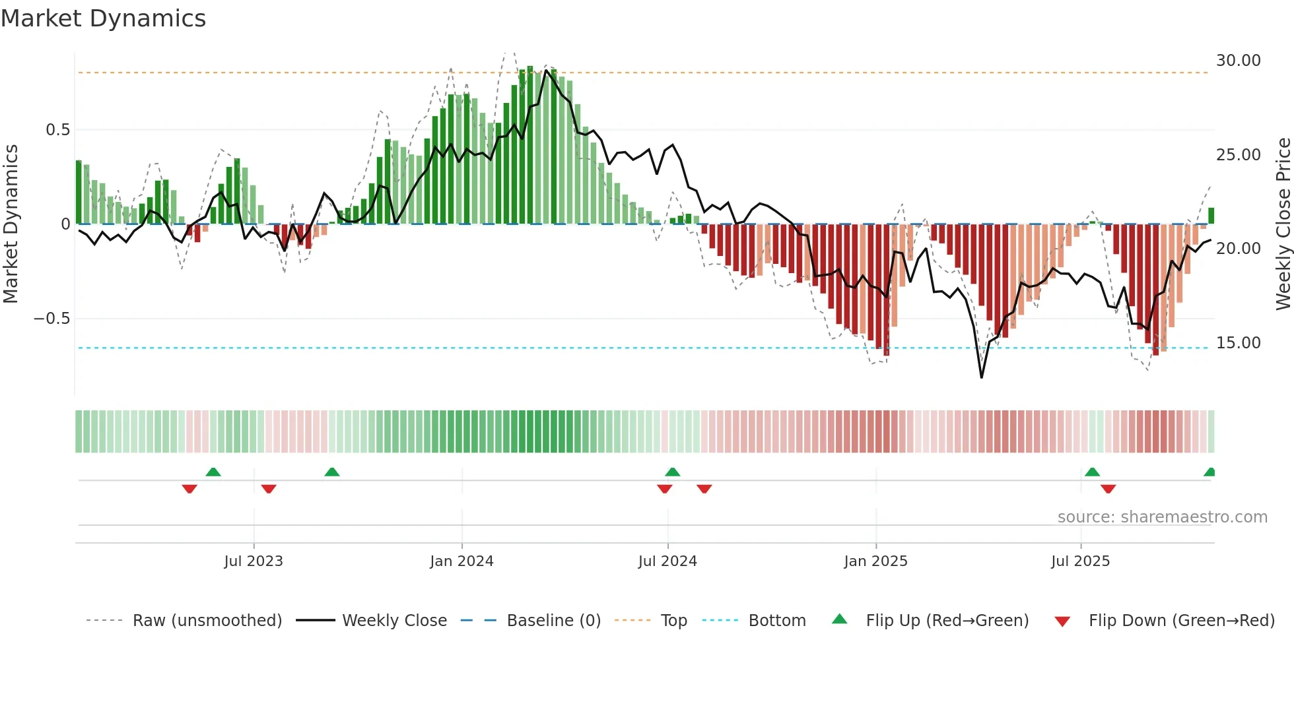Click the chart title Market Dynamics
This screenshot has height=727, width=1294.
pyautogui.click(x=103, y=18)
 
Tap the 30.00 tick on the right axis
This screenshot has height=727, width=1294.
pyautogui.click(x=1238, y=61)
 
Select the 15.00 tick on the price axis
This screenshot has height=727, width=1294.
pyautogui.click(x=1238, y=343)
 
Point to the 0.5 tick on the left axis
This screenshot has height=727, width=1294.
pyautogui.click(x=57, y=130)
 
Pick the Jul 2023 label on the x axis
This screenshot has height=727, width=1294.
pyautogui.click(x=253, y=561)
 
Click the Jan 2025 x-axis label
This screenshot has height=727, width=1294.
pyautogui.click(x=875, y=561)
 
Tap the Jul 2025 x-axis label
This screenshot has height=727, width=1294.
pyautogui.click(x=1080, y=561)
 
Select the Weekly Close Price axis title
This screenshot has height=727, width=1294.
pyautogui.click(x=1283, y=224)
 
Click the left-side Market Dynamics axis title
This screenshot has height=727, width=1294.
pyautogui.click(x=11, y=224)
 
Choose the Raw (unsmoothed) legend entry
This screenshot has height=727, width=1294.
pyautogui.click(x=207, y=621)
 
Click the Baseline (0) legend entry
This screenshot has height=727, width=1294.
pyautogui.click(x=553, y=621)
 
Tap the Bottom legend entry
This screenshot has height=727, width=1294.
pyautogui.click(x=776, y=621)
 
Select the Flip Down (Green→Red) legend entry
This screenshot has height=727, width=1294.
pyautogui.click(x=1181, y=621)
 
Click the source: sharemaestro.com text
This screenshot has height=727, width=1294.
pyautogui.click(x=1162, y=517)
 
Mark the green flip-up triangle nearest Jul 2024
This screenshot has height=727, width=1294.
pyautogui.click(x=672, y=472)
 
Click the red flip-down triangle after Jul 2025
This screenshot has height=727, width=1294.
pyautogui.click(x=1108, y=489)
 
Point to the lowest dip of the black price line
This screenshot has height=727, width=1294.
pyautogui.click(x=981, y=377)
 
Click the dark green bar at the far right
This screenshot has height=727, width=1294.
pyautogui.click(x=1211, y=216)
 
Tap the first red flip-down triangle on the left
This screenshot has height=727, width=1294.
pyautogui.click(x=189, y=489)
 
